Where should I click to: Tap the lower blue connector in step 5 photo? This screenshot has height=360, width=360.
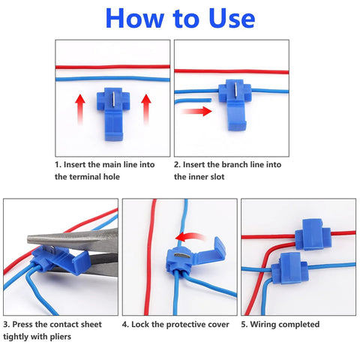[x=294, y=271]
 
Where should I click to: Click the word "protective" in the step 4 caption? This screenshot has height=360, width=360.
[x=178, y=324]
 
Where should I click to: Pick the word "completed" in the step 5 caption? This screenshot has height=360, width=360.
[x=296, y=324]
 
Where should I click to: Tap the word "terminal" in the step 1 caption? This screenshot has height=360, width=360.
[x=86, y=176]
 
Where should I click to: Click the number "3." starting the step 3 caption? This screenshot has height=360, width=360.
[x=7, y=324]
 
